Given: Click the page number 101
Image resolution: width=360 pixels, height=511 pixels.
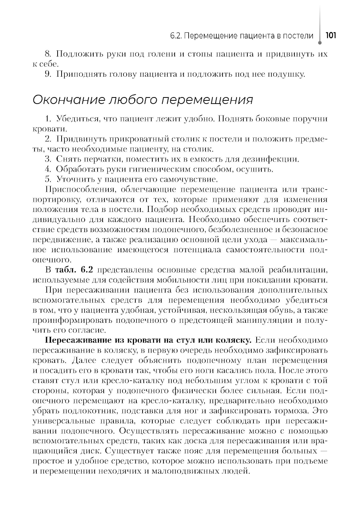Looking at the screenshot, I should point(330,36).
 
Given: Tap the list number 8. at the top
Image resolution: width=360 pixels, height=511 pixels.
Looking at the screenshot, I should point(49,54).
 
